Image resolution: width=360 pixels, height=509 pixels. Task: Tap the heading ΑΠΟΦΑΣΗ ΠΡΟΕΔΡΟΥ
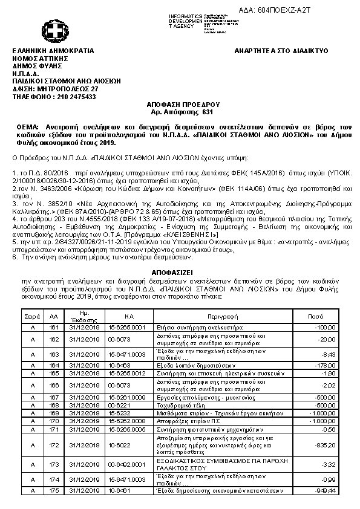pos(180,104)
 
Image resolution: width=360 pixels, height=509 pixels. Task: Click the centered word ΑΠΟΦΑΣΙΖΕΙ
pos(180,273)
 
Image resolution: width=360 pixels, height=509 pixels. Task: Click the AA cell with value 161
pos(54,327)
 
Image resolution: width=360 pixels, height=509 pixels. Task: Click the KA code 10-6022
pos(119,445)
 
